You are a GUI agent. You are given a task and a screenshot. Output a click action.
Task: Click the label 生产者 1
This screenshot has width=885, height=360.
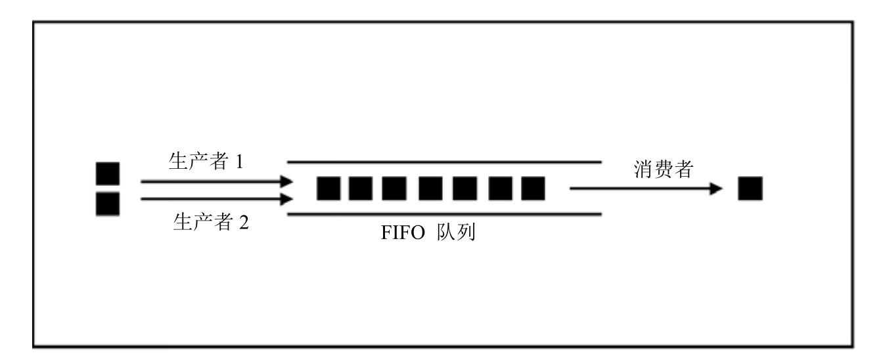click(x=206, y=162)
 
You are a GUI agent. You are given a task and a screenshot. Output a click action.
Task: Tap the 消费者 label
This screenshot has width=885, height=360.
click(x=663, y=169)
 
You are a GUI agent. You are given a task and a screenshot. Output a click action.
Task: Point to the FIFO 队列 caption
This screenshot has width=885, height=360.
click(x=428, y=234)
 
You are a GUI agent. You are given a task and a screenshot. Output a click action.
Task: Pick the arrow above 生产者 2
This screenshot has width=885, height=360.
click(x=216, y=198)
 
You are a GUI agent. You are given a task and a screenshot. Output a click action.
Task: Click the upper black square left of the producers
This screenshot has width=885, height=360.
click(x=108, y=173)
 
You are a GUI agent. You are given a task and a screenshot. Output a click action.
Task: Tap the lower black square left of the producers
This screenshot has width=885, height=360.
click(x=108, y=204)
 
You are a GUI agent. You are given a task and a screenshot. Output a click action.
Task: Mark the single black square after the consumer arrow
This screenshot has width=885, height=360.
click(x=750, y=189)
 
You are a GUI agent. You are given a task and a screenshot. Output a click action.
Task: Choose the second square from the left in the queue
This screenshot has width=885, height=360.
click(x=360, y=189)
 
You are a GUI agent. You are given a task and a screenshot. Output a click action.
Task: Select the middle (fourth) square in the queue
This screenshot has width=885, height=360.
click(x=430, y=189)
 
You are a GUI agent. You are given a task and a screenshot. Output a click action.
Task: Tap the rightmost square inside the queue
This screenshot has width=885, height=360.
click(x=533, y=189)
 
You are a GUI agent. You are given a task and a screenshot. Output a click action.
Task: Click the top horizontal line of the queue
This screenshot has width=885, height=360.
click(x=444, y=161)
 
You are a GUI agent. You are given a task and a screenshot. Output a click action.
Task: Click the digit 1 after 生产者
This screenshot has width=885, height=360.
click(x=240, y=162)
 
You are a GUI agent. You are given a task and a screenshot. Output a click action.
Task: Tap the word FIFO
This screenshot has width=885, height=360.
click(x=402, y=235)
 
